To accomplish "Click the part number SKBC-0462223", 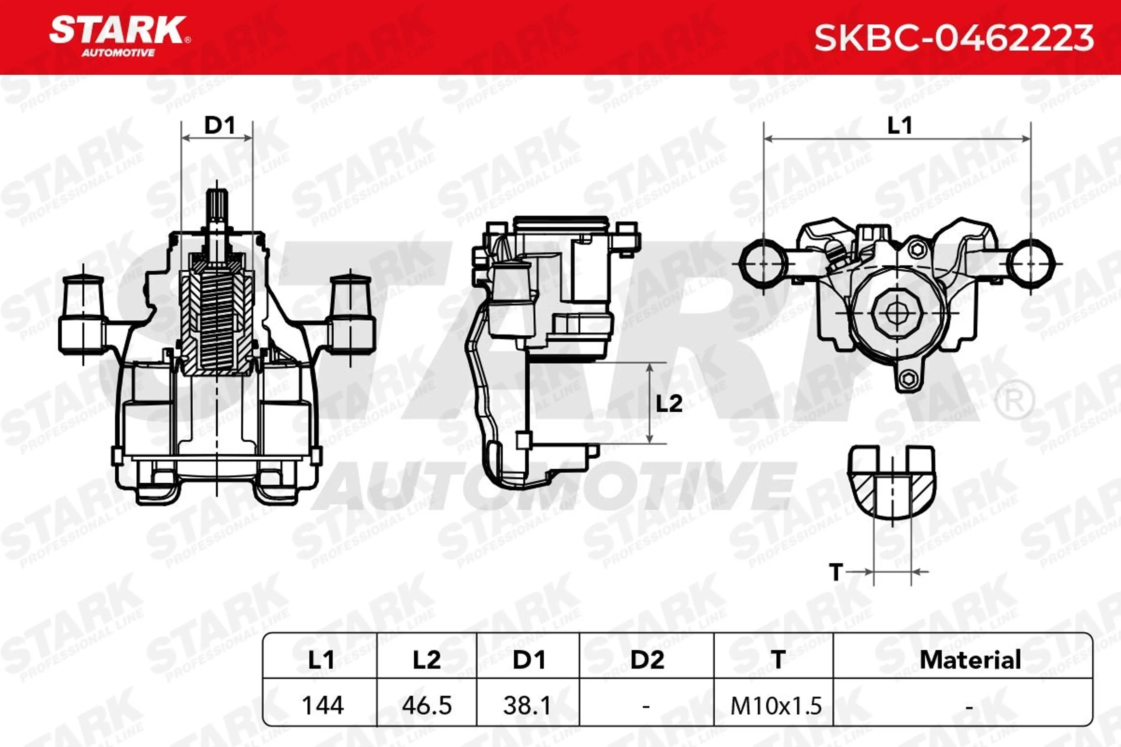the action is (954, 38).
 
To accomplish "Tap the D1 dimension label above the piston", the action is (219, 125).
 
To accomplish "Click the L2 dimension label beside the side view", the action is (669, 404).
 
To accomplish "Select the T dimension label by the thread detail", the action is (836, 572).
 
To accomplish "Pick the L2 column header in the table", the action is (427, 660).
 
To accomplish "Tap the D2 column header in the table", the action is (647, 660).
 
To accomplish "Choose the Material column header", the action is (970, 660).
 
